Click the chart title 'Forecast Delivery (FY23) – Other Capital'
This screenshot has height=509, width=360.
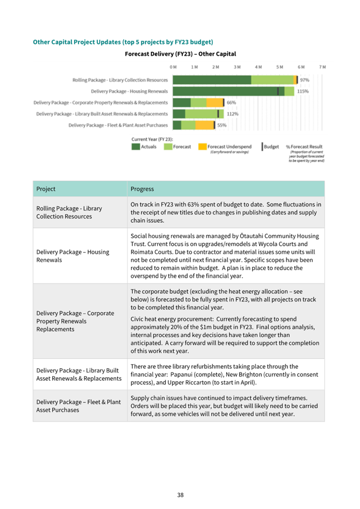180,54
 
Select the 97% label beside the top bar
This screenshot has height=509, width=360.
305,80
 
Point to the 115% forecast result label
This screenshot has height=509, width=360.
303,91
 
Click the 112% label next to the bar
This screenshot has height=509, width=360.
233,114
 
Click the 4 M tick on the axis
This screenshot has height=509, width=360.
259,67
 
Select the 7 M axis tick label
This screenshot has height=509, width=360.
322,67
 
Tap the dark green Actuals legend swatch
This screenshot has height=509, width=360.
136,147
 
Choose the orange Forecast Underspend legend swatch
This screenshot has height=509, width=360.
202,147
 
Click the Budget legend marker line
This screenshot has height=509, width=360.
262,147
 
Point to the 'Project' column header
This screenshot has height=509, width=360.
46,189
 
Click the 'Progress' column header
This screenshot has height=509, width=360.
142,189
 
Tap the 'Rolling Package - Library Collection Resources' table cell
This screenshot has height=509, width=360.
69,212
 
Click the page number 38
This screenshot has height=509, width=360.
180,495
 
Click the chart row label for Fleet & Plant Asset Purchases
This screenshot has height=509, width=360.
118,125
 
